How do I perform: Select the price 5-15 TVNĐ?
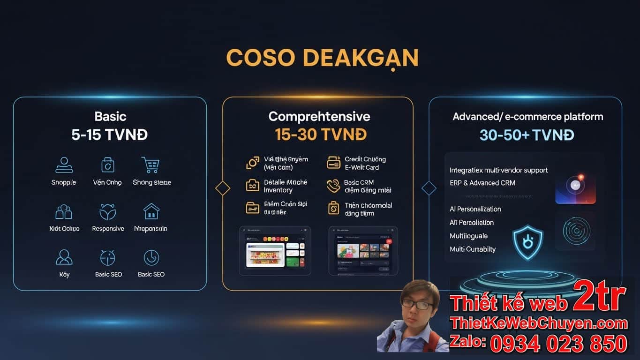point(109,135)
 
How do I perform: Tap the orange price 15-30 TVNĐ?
point(321,135)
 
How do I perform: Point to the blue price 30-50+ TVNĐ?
point(527,135)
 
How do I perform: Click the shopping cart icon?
point(151,165)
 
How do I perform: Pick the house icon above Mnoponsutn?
point(151,211)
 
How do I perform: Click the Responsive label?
point(108,229)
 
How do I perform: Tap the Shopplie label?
point(64,182)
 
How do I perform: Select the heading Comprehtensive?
point(319,116)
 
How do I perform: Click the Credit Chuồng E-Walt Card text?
point(365,163)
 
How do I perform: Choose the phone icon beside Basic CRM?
point(333,186)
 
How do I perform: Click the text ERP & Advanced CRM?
point(482,183)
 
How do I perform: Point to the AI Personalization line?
point(475,209)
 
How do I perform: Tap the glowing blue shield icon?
point(527,242)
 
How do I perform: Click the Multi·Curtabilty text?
point(473,249)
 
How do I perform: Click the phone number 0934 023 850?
point(558,344)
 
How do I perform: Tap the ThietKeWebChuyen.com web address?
point(538,323)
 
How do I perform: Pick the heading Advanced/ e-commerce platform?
point(528,117)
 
